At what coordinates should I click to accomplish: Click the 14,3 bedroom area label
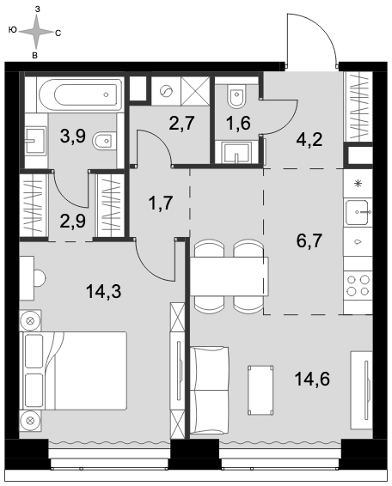tap(104, 292)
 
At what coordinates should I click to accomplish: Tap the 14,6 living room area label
tap(312, 379)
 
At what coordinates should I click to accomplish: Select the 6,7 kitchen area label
tap(309, 241)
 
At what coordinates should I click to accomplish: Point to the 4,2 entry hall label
tap(309, 140)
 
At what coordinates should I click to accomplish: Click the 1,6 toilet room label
tap(238, 123)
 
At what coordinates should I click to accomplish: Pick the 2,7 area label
tap(182, 123)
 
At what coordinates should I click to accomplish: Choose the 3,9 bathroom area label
tap(73, 137)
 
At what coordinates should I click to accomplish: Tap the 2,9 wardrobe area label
tap(73, 222)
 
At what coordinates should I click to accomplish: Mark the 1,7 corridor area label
tap(161, 204)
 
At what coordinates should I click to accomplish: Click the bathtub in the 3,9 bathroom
tap(81, 94)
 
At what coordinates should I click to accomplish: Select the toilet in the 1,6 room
tap(236, 96)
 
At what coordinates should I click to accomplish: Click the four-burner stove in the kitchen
tap(358, 285)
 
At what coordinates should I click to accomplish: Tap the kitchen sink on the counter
tap(358, 212)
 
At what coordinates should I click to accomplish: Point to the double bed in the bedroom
tap(73, 371)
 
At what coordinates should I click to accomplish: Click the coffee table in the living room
tap(260, 390)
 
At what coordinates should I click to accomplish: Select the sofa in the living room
tap(210, 390)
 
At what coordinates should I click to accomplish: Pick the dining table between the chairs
tap(229, 276)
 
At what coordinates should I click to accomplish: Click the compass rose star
tap(36, 32)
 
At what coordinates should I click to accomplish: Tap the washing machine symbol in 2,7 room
tap(166, 91)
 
